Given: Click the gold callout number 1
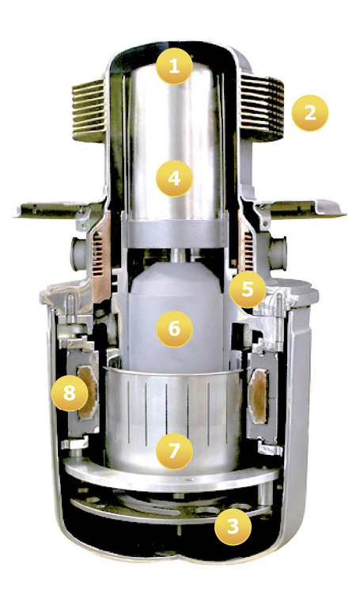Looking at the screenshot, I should (x=175, y=67).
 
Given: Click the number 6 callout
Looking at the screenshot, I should (x=175, y=328).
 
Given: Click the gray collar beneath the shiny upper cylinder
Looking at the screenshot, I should (x=175, y=234).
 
